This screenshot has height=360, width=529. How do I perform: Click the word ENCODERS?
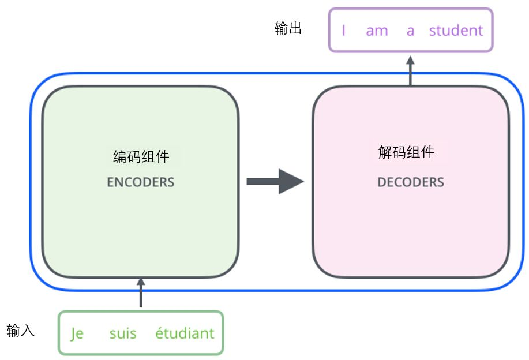(140, 182)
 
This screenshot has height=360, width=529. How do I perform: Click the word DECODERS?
(410, 182)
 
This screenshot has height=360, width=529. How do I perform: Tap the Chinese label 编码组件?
(141, 157)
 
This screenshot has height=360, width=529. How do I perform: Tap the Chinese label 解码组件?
(406, 152)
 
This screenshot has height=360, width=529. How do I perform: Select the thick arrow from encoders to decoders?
(274, 182)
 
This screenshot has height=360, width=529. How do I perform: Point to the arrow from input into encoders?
(140, 294)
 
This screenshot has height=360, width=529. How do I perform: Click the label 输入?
(21, 331)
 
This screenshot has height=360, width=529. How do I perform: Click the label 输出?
(288, 29)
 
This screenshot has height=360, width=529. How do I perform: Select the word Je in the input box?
(77, 333)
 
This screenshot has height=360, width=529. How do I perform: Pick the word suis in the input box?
(123, 333)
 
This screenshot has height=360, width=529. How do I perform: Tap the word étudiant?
(185, 333)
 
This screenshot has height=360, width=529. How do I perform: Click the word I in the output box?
(344, 31)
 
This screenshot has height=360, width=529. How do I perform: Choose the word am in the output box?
(377, 31)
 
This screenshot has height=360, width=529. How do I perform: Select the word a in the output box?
(410, 31)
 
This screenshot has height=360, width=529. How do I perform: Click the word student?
(456, 31)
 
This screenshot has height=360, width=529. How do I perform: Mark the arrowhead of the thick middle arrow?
(291, 182)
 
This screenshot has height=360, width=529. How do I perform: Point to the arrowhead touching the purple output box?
(410, 60)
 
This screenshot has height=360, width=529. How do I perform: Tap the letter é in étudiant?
(159, 333)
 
